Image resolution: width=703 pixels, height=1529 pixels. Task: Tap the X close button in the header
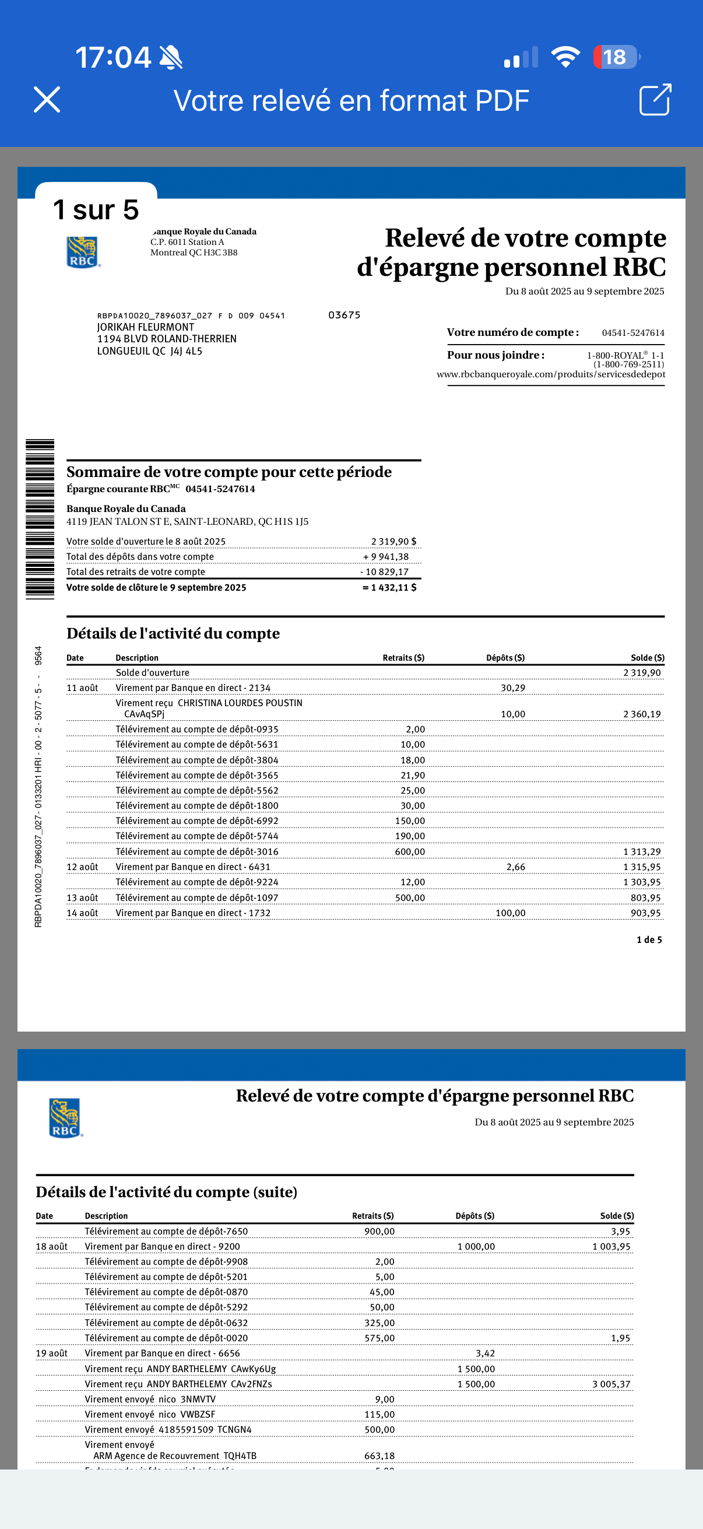47,99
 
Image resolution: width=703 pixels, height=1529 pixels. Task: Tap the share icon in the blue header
655,99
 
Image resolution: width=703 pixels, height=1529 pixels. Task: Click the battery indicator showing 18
615,57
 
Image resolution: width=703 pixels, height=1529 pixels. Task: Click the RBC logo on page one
82,253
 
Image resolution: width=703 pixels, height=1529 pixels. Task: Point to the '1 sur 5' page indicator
96,209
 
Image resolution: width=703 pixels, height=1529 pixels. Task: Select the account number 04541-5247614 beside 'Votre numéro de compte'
632,333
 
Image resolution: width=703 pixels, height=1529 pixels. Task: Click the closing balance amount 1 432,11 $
390,588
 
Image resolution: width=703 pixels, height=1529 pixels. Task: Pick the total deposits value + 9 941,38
386,557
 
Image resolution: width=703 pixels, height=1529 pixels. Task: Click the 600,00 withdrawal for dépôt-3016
410,852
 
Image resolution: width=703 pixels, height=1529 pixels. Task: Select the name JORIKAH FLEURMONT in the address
145,327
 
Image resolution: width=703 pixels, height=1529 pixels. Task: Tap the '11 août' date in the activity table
82,688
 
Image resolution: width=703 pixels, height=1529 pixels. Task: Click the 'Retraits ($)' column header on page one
403,658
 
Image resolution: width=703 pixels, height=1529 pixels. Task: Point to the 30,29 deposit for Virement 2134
512,688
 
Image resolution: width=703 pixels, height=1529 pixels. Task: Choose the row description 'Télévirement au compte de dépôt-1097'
197,897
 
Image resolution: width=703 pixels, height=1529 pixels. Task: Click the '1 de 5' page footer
649,939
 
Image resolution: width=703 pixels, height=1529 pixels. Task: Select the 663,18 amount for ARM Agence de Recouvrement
379,1456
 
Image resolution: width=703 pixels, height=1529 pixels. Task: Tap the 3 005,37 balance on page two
611,1384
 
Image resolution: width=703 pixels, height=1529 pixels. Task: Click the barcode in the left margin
40,520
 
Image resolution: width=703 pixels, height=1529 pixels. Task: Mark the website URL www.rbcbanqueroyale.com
550,374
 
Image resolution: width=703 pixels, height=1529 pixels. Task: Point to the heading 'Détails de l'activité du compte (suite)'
166,1192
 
